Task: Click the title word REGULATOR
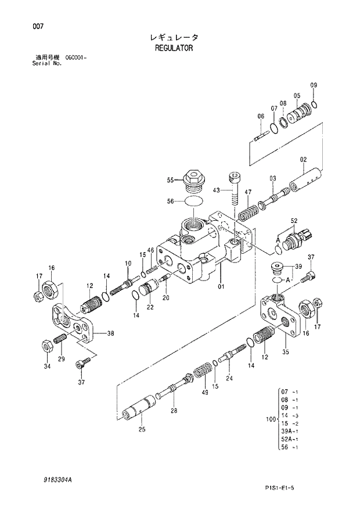(x=174, y=48)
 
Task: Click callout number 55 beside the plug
(x=171, y=180)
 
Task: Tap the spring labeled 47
(x=249, y=210)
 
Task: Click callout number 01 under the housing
(x=221, y=286)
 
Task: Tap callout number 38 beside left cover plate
(x=110, y=333)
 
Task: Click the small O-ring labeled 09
(x=314, y=105)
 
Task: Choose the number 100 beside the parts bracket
(x=269, y=418)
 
